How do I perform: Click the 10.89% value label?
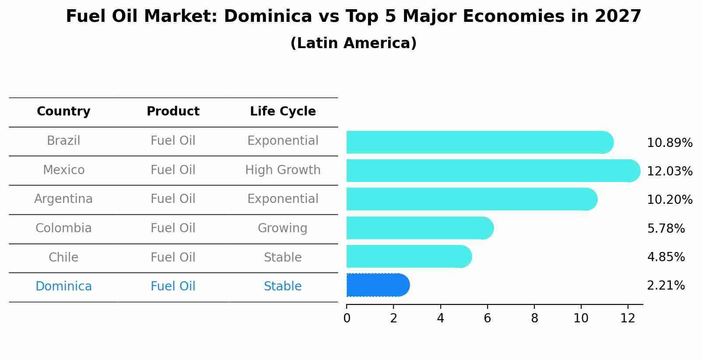(669, 143)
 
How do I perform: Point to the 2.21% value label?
(665, 286)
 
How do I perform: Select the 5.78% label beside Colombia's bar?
(665, 228)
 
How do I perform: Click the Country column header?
(63, 112)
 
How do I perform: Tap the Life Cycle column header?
(283, 112)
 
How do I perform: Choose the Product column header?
(173, 112)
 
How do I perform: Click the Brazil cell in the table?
(63, 141)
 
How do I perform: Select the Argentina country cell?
(63, 199)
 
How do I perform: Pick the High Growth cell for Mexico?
(283, 170)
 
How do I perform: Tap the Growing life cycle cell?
(283, 228)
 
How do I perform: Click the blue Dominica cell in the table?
(63, 287)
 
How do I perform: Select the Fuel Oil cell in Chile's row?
(173, 257)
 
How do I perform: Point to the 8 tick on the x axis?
(534, 318)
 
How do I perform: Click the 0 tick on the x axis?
(347, 318)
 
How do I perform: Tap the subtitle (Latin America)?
(353, 43)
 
